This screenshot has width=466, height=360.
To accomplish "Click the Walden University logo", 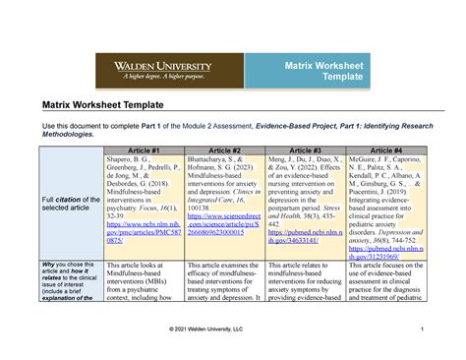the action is point(155,68).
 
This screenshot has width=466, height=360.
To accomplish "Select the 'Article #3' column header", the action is point(306,150).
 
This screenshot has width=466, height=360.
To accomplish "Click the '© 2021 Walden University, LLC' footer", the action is point(233,328).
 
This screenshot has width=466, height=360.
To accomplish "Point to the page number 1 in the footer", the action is point(420,328).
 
